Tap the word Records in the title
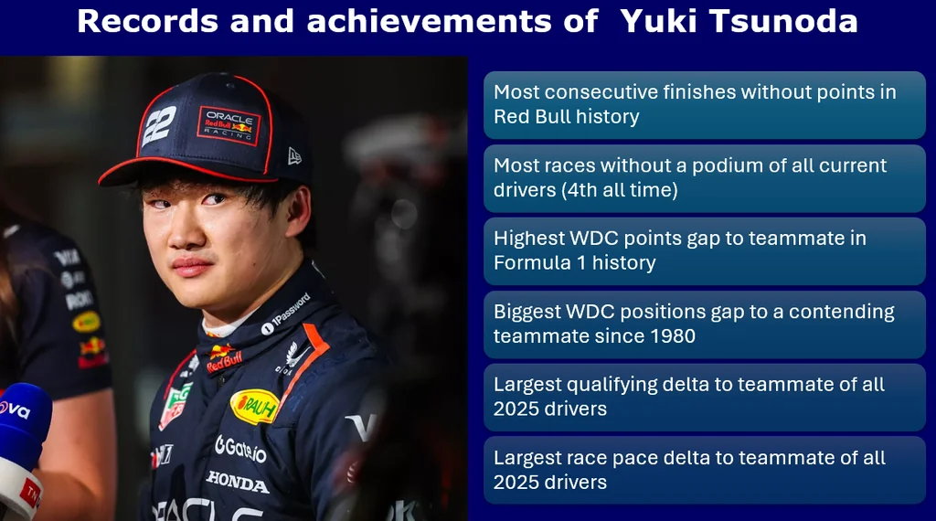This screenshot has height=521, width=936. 148,21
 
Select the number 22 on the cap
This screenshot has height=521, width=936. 159,124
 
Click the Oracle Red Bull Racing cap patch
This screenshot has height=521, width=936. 229,126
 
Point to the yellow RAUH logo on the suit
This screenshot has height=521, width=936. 255,407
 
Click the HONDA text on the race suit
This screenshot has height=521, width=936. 237,481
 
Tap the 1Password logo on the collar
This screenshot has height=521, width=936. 286,314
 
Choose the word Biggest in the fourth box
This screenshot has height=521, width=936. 526,312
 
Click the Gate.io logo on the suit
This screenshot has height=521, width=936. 240,448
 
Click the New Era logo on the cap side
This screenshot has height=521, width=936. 294,156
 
